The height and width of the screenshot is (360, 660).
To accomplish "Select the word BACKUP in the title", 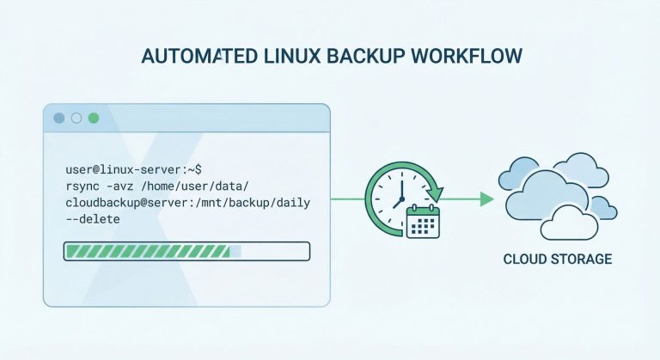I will (383, 57).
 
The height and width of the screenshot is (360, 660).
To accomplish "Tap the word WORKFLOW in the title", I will (478, 57).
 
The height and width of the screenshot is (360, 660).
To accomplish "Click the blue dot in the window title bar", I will (59, 118).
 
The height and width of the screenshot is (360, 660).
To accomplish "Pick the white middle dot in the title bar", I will (76, 118).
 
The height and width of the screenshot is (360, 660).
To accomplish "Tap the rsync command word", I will (84, 187).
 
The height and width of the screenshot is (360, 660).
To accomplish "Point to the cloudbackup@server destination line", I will (186, 204).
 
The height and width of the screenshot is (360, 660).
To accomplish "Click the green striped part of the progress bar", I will (146, 252).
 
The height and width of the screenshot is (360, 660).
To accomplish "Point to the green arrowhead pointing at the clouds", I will (487, 199).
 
